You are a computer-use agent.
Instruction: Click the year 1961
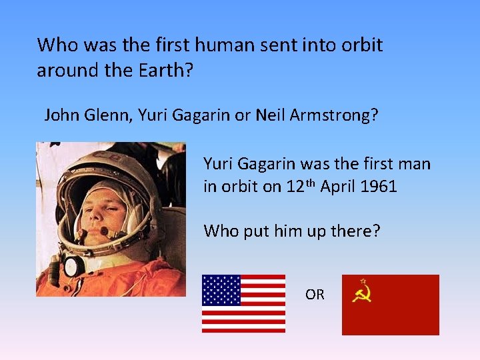tap(378, 187)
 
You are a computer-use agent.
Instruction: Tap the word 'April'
tap(337, 187)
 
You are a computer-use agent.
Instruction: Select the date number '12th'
tap(300, 186)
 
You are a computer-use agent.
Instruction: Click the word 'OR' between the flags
tap(315, 294)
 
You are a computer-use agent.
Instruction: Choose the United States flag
tap(243, 303)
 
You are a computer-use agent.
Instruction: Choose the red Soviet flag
tap(390, 305)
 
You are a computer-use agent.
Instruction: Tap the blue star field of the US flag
tap(221, 290)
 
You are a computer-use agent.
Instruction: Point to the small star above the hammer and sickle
tap(363, 281)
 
